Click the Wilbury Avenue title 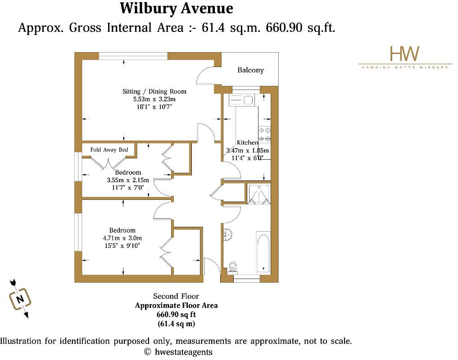(x=177, y=9)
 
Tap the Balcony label (x=250, y=70)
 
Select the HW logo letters (x=404, y=54)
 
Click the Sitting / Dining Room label (x=154, y=91)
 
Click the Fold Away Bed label (x=109, y=150)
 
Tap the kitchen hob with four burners (x=264, y=134)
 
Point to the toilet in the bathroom (x=232, y=266)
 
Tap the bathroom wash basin (x=228, y=234)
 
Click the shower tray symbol (x=258, y=194)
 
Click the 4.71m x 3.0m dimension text (x=122, y=238)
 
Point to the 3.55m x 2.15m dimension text (x=127, y=180)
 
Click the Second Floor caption (x=176, y=296)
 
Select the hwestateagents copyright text (x=178, y=352)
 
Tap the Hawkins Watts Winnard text (x=405, y=67)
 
